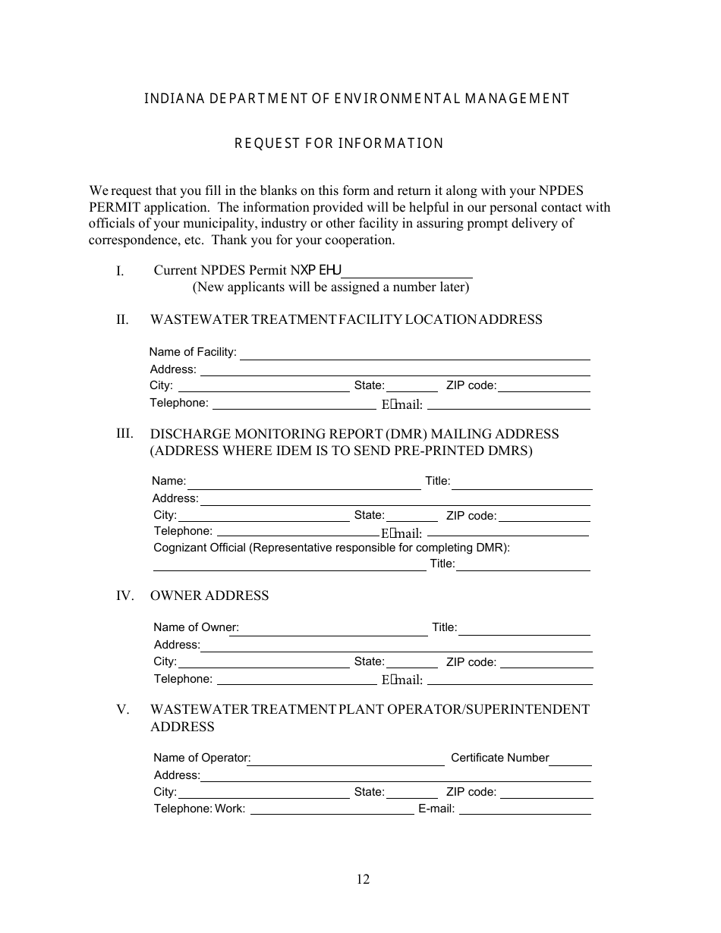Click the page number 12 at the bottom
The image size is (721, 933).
click(x=363, y=879)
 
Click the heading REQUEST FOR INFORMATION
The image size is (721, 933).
click(x=338, y=143)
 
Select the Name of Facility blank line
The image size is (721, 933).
click(x=415, y=353)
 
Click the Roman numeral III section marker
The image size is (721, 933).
click(x=124, y=434)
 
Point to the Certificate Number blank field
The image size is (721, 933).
click(x=571, y=759)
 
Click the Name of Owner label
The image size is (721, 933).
click(x=196, y=627)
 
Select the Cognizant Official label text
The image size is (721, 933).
click(x=332, y=548)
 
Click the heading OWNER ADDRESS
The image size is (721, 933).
click(x=209, y=595)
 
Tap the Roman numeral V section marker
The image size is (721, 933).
click(x=123, y=710)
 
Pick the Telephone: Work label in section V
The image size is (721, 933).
click(x=200, y=809)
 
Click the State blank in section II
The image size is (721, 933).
click(x=412, y=387)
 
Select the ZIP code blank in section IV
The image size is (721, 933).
click(x=546, y=663)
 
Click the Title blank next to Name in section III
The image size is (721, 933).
click(x=522, y=483)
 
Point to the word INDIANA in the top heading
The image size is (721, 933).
click(x=172, y=99)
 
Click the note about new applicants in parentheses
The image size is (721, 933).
click(x=331, y=287)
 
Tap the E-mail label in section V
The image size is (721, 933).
click(x=436, y=809)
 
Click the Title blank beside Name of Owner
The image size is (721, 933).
click(x=524, y=629)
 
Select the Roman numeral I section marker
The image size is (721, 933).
click(x=120, y=271)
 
